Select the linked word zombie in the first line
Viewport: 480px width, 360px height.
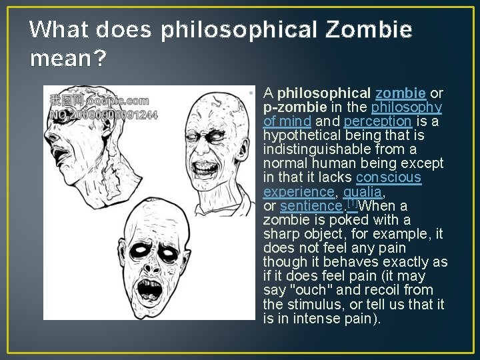point(401,93)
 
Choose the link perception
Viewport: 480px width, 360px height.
point(377,121)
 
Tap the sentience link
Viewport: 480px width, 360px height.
point(309,207)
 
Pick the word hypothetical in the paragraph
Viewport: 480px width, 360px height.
point(303,135)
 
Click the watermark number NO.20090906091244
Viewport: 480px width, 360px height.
point(103,114)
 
